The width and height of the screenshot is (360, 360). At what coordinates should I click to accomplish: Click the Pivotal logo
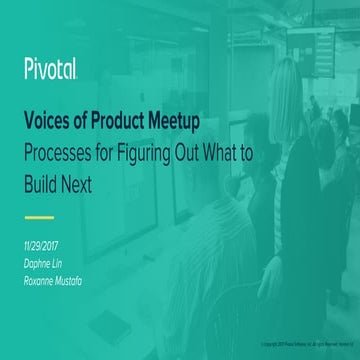[x=51, y=70]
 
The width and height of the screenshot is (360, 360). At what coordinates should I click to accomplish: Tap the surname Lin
[x=75, y=259]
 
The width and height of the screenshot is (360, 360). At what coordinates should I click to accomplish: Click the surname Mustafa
[x=90, y=274]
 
